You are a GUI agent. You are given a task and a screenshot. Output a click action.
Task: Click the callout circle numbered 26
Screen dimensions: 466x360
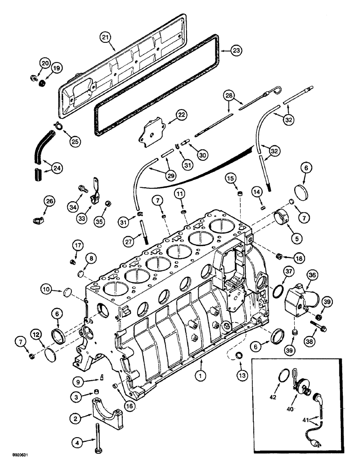49,201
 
